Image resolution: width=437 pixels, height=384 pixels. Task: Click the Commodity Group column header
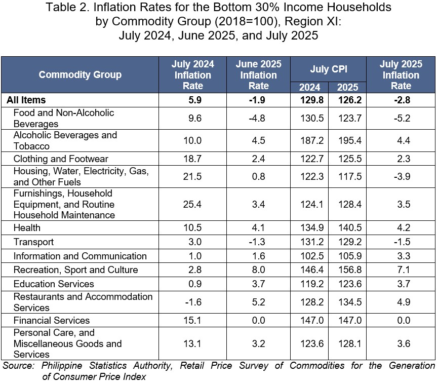80,74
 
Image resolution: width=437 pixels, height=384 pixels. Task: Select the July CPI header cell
329,69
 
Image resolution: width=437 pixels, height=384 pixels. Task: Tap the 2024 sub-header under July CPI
309,87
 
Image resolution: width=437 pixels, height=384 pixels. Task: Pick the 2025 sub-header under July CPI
347,87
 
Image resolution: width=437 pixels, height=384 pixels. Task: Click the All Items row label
26,100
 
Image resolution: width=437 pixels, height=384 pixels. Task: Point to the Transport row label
33,242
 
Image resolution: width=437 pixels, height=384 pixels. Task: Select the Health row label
27,227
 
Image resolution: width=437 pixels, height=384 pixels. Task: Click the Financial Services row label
52,320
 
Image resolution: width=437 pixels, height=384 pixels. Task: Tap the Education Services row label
54,284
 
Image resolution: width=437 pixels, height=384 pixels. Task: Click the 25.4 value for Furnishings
192,204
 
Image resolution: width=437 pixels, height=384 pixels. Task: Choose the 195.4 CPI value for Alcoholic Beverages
350,140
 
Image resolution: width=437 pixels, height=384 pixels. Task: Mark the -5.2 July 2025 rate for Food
402,118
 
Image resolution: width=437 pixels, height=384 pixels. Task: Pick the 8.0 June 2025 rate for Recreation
258,270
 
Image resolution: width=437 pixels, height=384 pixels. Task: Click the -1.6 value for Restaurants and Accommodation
193,302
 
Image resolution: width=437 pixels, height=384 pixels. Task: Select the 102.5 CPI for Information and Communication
312,256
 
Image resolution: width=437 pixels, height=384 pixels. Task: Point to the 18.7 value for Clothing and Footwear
192,159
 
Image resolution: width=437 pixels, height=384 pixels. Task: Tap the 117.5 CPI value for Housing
350,176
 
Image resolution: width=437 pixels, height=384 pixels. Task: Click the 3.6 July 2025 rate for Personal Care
404,343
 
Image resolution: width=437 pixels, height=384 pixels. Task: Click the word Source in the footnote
18,365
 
